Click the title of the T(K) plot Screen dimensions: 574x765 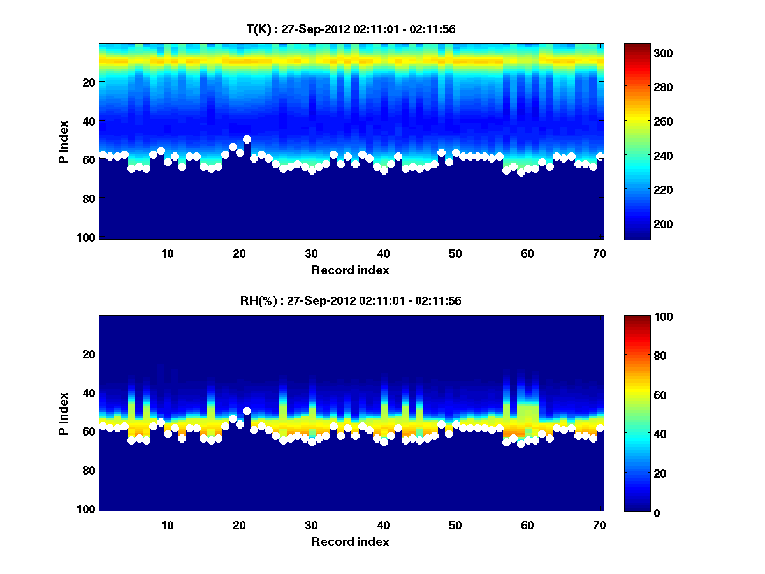click(x=351, y=29)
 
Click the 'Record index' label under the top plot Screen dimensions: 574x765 click(x=351, y=270)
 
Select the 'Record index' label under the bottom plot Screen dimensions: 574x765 click(x=351, y=541)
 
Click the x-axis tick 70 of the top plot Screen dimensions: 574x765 click(x=599, y=253)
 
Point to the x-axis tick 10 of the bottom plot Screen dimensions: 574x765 click(x=167, y=525)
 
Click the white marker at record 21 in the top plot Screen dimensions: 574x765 click(x=247, y=139)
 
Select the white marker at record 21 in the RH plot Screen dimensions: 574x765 click(x=247, y=411)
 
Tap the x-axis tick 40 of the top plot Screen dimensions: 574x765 click(x=383, y=253)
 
